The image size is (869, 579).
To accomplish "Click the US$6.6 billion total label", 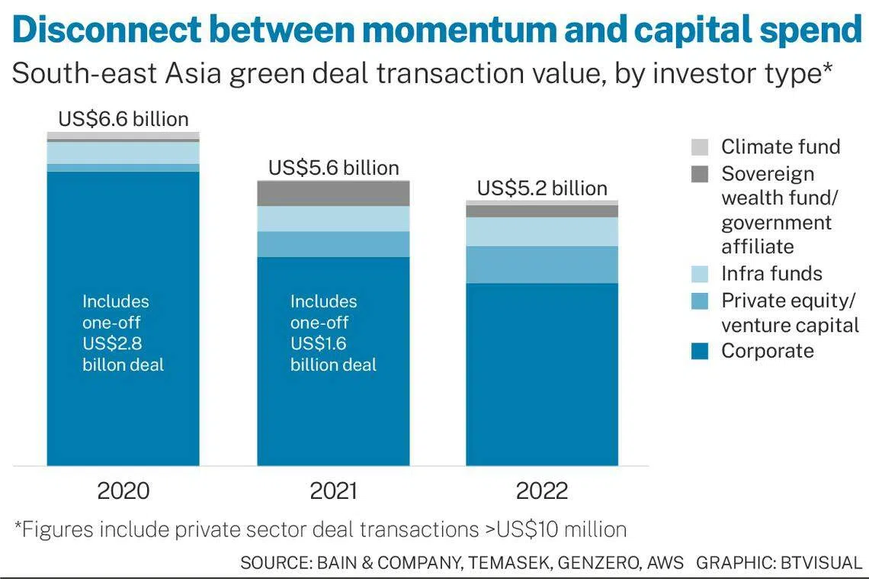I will (x=123, y=119).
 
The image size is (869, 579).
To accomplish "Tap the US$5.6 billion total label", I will (x=333, y=168).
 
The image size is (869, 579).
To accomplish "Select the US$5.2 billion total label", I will (x=542, y=188).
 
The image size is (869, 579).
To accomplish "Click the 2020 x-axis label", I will (x=123, y=491).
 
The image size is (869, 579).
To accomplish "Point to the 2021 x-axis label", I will (x=333, y=491).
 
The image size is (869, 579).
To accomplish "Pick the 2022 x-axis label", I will (x=542, y=491).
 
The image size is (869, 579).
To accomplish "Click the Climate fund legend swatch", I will (x=700, y=147).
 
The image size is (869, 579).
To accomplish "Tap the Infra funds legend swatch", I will (x=700, y=274).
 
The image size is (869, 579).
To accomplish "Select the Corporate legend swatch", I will (x=700, y=351).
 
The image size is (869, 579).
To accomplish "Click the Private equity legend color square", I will (x=700, y=301).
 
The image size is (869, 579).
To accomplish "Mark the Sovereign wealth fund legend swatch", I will (x=700, y=174).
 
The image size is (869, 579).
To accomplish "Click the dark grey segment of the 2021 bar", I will (x=333, y=194).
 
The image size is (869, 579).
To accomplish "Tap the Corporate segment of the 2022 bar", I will (x=542, y=374).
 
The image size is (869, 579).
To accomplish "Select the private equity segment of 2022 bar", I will (x=542, y=265).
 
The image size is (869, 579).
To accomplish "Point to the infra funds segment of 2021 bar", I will (x=333, y=219).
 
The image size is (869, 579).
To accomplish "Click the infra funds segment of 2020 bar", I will (x=123, y=153).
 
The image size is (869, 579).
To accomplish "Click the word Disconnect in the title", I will (x=107, y=31).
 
